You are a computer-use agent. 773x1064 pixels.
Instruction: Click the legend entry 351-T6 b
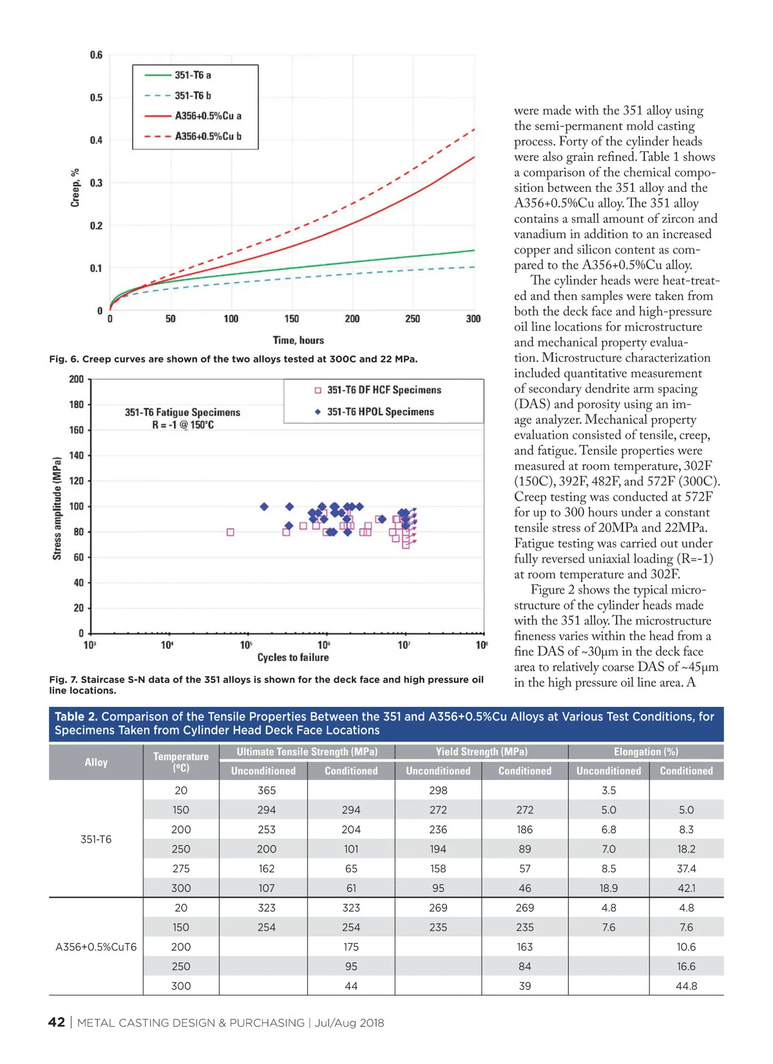click(193, 95)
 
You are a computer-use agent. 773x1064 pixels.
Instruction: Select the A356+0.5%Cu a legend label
click(207, 116)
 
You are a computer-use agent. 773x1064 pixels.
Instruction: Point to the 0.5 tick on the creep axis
click(96, 98)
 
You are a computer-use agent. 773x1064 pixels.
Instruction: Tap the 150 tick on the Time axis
click(292, 319)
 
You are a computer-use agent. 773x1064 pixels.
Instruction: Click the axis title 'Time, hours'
click(298, 340)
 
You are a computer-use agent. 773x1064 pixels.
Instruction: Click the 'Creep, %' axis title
click(75, 187)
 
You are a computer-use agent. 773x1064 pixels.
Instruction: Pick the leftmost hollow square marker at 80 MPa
click(230, 532)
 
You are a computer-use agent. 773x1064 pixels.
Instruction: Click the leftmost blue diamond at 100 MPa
click(264, 507)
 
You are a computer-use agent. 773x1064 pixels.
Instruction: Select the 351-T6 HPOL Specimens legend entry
click(380, 412)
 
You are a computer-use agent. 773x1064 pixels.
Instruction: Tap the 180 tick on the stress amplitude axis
click(77, 404)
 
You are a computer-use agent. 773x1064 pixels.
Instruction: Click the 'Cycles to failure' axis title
click(293, 657)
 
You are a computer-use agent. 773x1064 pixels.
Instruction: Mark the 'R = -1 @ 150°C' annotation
click(183, 425)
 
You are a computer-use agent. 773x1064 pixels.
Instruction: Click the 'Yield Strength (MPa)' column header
click(481, 751)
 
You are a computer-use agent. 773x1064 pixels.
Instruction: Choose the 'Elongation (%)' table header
click(645, 751)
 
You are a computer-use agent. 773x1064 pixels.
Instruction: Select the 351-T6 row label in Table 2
click(96, 839)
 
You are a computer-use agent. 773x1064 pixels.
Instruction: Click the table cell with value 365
click(267, 790)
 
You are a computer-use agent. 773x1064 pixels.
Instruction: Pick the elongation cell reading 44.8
click(686, 985)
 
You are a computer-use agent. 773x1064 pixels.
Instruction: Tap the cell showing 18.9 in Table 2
click(609, 888)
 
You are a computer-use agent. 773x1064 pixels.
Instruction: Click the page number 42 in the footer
click(57, 1022)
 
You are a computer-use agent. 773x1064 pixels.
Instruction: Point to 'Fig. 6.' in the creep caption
click(63, 359)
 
